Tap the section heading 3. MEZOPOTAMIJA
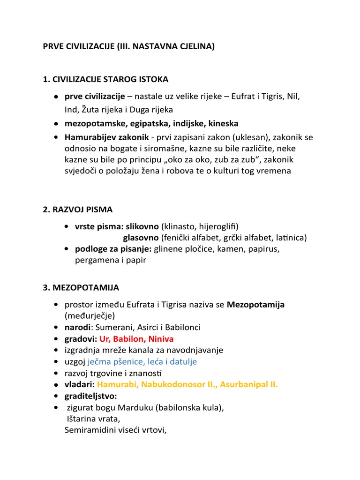pos(81,287)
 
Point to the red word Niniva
pos(160,338)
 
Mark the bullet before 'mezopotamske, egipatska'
pos(56,123)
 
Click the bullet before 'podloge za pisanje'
pos(68,248)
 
